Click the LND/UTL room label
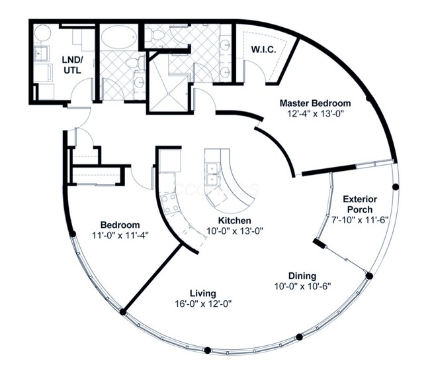(72, 65)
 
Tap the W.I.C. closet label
(263, 50)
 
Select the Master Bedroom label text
(315, 103)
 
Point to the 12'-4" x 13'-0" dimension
(316, 113)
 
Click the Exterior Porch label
(360, 204)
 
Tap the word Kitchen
(234, 221)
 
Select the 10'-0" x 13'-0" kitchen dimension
(235, 231)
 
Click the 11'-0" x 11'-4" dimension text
(120, 235)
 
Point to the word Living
(203, 294)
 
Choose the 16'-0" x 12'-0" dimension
(203, 303)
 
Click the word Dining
(302, 276)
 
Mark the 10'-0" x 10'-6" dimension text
(303, 286)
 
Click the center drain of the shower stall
(169, 94)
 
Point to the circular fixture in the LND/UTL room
(42, 34)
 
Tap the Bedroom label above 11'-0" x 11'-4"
(120, 225)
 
